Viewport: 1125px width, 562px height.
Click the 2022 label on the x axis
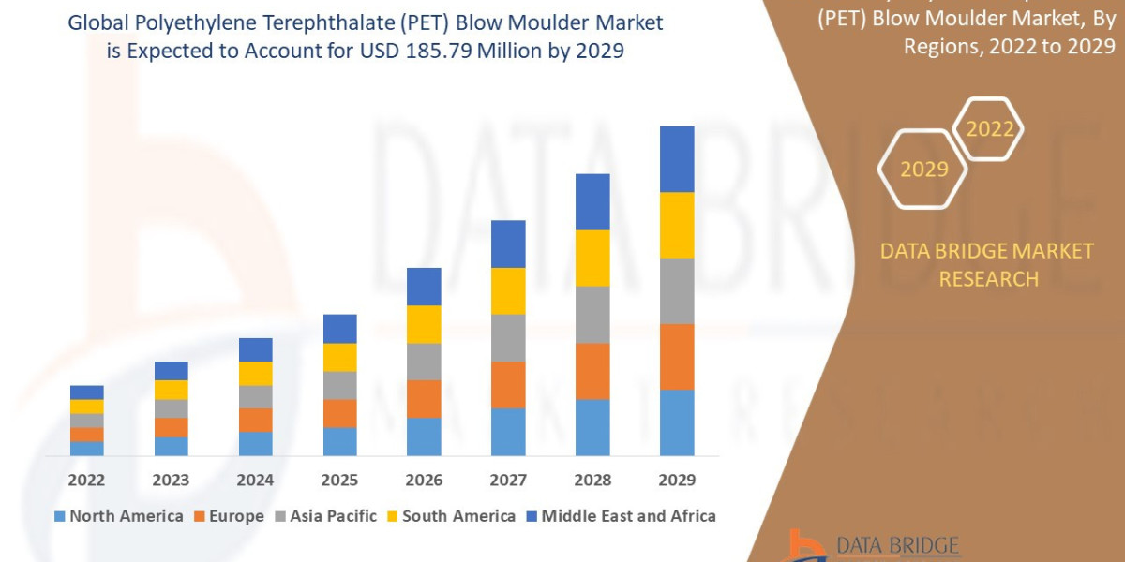point(86,481)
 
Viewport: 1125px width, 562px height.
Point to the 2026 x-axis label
point(424,481)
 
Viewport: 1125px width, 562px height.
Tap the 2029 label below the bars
point(677,481)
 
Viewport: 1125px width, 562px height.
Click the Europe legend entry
point(231,516)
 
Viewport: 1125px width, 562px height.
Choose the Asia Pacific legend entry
point(325,516)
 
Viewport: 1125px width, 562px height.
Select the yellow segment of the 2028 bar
point(592,258)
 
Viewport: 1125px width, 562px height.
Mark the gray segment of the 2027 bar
point(508,337)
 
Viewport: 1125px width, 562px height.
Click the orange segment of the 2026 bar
point(424,398)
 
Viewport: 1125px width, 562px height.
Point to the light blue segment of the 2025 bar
point(339,441)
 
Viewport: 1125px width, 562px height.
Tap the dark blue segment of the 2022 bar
point(86,392)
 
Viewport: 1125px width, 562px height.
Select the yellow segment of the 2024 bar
point(255,373)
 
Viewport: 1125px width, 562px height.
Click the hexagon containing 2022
point(989,129)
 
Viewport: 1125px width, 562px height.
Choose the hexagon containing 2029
point(922,170)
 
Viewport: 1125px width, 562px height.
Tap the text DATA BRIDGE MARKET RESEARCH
point(988,265)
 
